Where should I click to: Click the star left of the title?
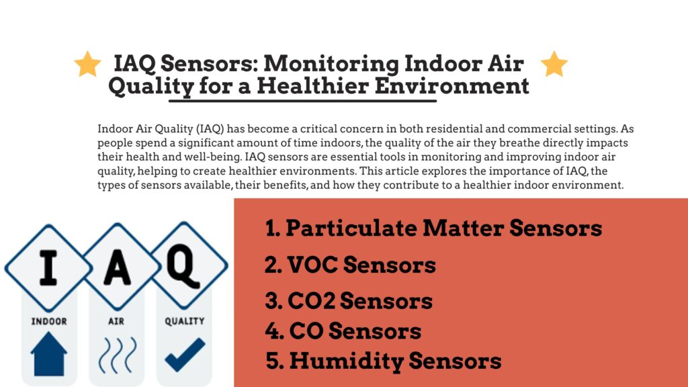point(87,64)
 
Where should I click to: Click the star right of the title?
point(554,64)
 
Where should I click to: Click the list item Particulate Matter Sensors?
point(433,228)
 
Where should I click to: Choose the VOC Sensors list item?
point(350,265)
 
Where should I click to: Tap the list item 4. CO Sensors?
point(343,331)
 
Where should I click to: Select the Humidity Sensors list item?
point(384,361)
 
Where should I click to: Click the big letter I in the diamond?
point(47,267)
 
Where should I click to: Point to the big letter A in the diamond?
point(116,267)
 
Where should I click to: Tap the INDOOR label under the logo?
point(49,321)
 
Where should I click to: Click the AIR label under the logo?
point(116,321)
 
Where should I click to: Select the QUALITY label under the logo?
point(185,321)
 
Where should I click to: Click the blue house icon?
point(49,353)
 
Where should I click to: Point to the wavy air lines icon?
point(116,354)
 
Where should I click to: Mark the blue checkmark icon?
point(185,353)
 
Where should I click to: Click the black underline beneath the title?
point(302,101)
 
